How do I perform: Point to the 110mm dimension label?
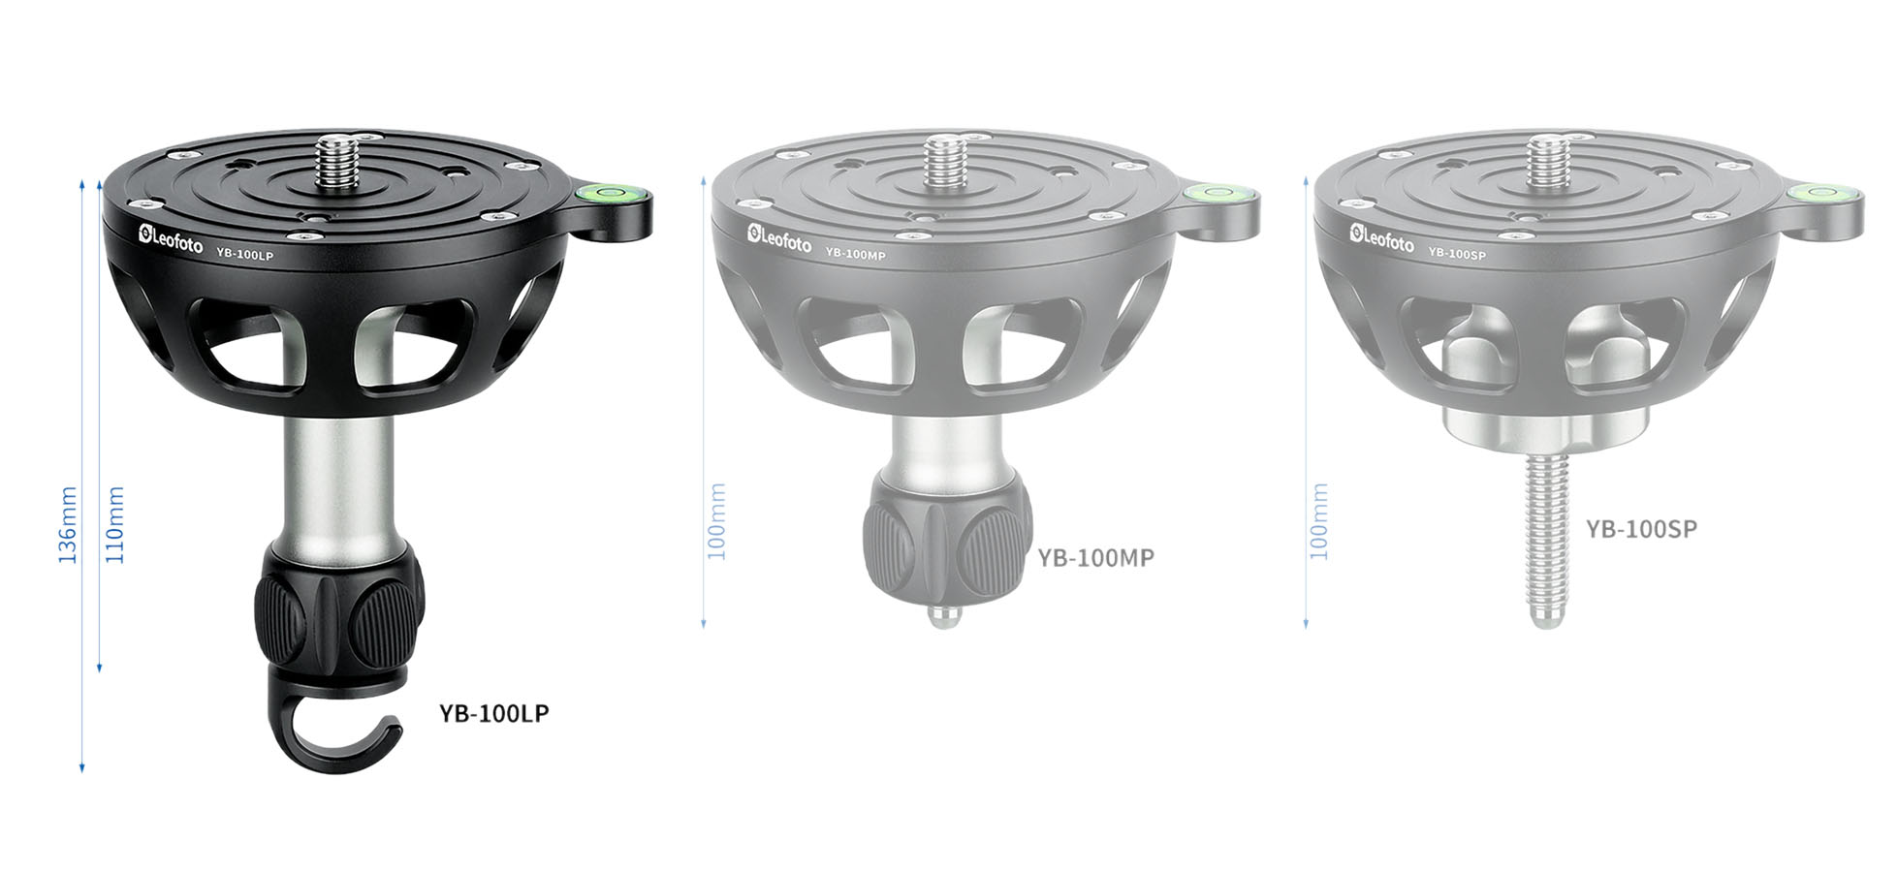click(115, 525)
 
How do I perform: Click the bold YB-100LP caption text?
click(493, 714)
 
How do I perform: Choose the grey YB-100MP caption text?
click(1095, 559)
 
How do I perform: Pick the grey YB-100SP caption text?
click(1641, 529)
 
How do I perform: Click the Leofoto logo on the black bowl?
click(171, 239)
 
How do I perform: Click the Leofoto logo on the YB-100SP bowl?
click(1381, 238)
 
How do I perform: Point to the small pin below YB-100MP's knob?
click(940, 616)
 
